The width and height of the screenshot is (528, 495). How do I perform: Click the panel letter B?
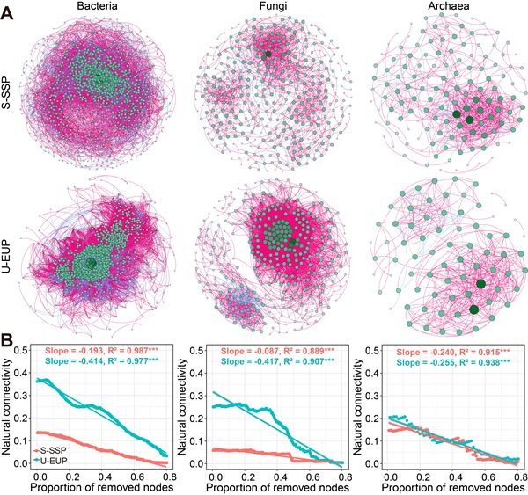(10, 338)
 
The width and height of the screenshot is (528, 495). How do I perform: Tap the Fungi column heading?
(263, 8)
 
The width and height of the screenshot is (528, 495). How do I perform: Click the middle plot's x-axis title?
(269, 486)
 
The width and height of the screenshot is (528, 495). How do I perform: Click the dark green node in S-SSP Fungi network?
(268, 53)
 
